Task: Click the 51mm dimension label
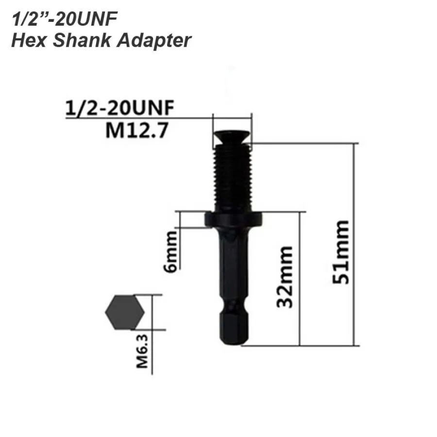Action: coord(341,252)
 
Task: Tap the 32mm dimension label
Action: coord(285,277)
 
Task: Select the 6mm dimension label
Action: coord(170,252)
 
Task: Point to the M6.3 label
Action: coord(142,352)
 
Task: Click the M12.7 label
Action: coord(137,131)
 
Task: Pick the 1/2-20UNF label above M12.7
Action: coord(120,108)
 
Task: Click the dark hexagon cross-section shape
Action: coord(125,312)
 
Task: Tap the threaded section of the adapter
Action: coord(233,178)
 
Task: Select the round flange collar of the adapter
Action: coord(234,219)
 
